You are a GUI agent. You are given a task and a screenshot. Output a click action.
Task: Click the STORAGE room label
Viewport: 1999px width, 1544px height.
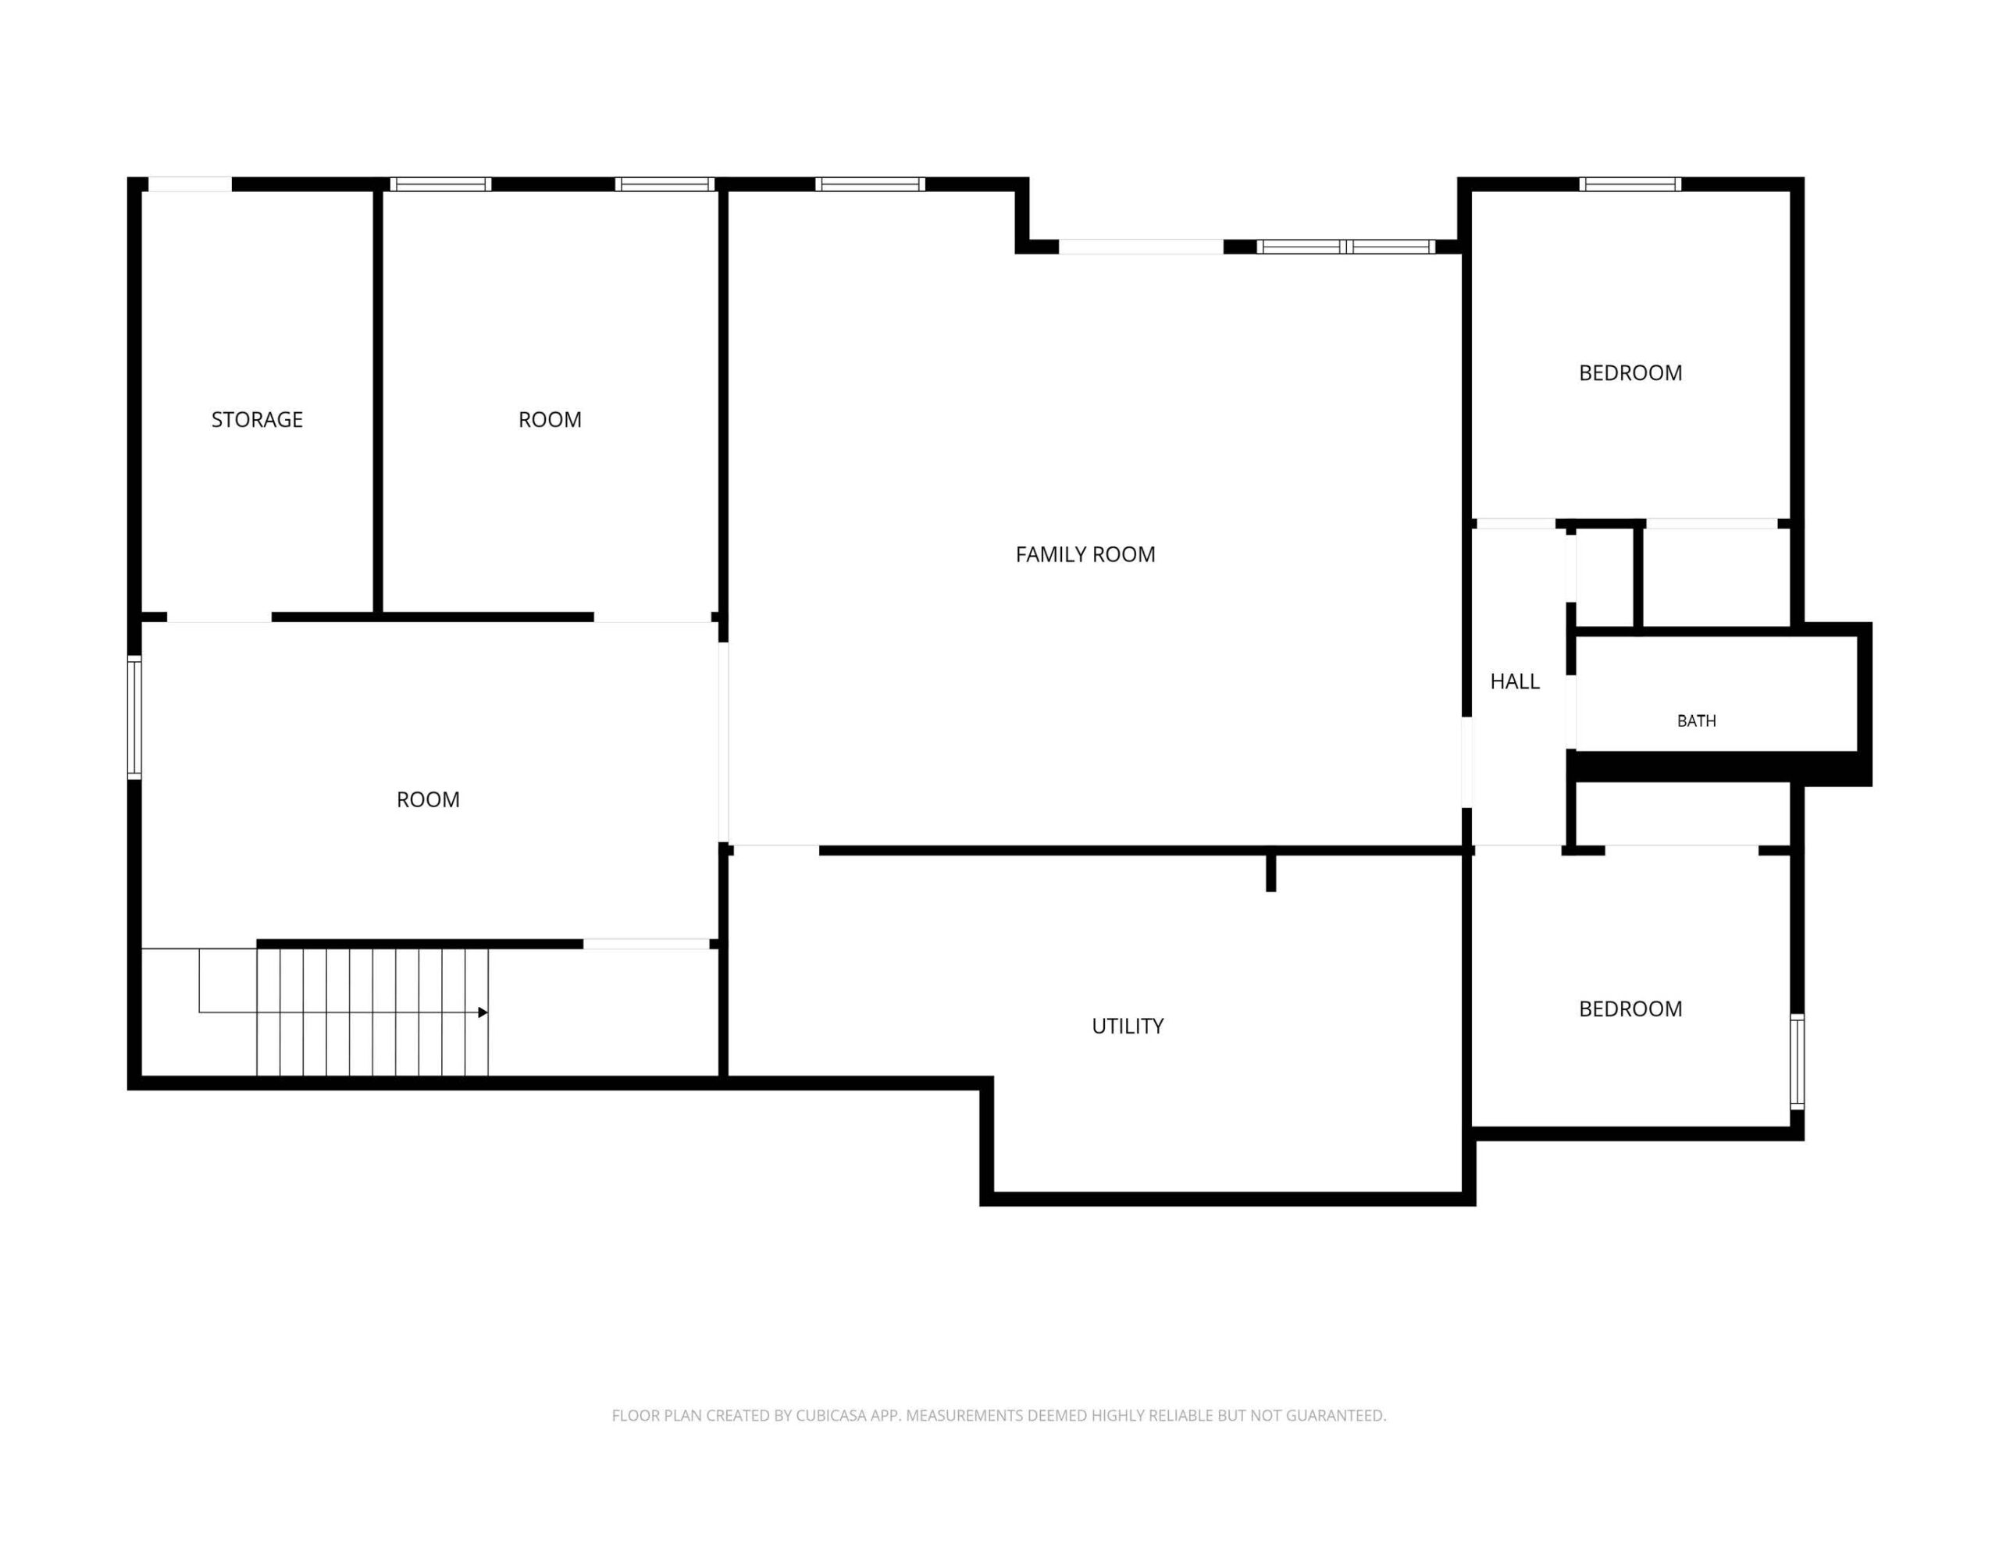(256, 419)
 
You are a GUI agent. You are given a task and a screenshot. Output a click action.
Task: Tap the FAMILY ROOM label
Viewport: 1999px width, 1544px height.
(1085, 553)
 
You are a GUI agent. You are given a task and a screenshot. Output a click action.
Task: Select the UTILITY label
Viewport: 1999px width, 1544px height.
(1128, 1026)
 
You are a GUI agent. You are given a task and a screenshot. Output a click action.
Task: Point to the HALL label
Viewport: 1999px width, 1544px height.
(1515, 681)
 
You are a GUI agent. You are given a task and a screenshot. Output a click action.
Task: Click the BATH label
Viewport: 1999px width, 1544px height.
(1696, 721)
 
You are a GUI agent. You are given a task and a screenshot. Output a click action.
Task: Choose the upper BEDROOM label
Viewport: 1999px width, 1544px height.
(1630, 372)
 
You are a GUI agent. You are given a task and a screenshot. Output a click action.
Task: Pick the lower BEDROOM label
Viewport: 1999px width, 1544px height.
(1630, 1009)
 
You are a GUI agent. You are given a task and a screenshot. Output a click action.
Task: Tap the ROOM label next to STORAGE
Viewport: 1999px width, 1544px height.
(549, 419)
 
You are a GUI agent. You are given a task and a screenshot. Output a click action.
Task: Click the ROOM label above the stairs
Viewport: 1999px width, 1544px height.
(427, 799)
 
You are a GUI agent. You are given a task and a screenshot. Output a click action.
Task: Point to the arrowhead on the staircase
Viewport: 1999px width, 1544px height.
(483, 1012)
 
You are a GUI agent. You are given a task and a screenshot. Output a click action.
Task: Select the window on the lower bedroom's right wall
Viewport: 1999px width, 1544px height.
(1797, 1062)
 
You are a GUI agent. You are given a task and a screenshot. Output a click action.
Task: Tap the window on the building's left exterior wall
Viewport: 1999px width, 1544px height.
(134, 717)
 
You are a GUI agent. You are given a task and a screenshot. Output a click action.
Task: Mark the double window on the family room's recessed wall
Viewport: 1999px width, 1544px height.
(1345, 246)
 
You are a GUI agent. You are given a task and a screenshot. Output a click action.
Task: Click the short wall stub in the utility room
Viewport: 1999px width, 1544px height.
(1270, 871)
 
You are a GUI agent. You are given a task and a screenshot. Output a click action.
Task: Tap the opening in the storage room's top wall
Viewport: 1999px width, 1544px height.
(191, 184)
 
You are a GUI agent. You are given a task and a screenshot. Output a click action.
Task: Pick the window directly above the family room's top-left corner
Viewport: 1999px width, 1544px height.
(870, 184)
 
